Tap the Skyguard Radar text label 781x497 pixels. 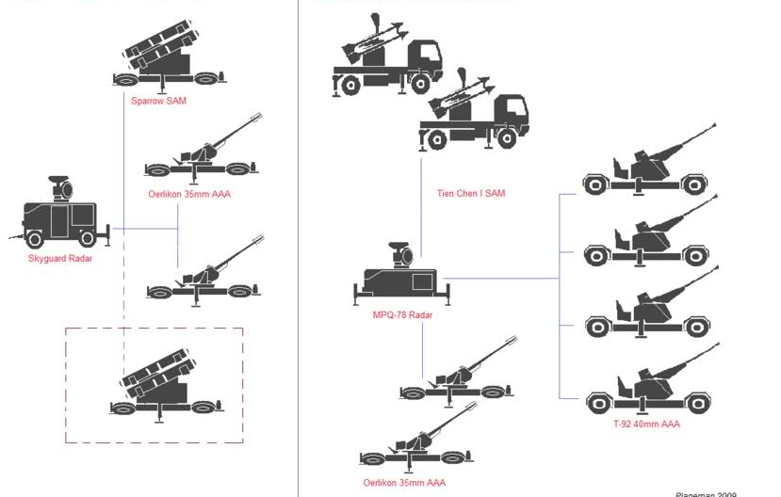coord(60,258)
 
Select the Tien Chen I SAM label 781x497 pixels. coord(471,193)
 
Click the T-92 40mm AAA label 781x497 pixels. coord(646,425)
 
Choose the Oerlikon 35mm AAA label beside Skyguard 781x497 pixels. coord(189,195)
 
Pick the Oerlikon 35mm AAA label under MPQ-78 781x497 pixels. coord(404,483)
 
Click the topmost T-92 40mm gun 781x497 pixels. coord(650,166)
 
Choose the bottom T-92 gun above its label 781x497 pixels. coord(650,386)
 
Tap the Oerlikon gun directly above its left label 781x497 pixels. coord(203,156)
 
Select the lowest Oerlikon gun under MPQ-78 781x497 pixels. coord(419,446)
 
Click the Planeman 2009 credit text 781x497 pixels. coord(706,493)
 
